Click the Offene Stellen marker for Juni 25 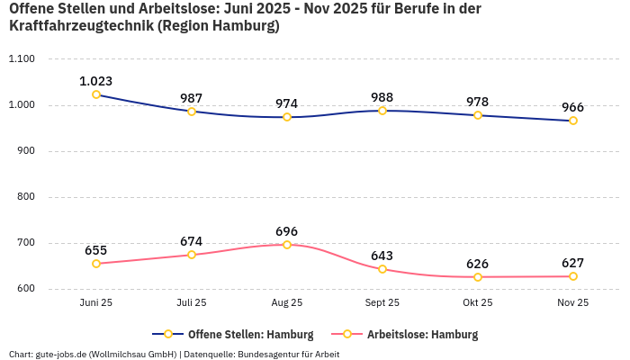[96, 94]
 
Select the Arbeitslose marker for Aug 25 [287, 245]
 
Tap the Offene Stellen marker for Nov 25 [573, 121]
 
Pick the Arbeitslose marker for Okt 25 [478, 277]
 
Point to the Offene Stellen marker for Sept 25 [382, 111]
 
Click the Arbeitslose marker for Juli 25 [192, 255]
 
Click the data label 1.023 [96, 81]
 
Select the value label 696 [287, 231]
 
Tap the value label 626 [478, 264]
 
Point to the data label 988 [382, 97]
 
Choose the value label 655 [96, 250]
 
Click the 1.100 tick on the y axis [21, 59]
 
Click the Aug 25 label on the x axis [287, 303]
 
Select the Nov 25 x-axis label [573, 303]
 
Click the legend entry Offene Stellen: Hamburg [250, 335]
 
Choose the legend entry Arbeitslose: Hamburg [422, 335]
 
